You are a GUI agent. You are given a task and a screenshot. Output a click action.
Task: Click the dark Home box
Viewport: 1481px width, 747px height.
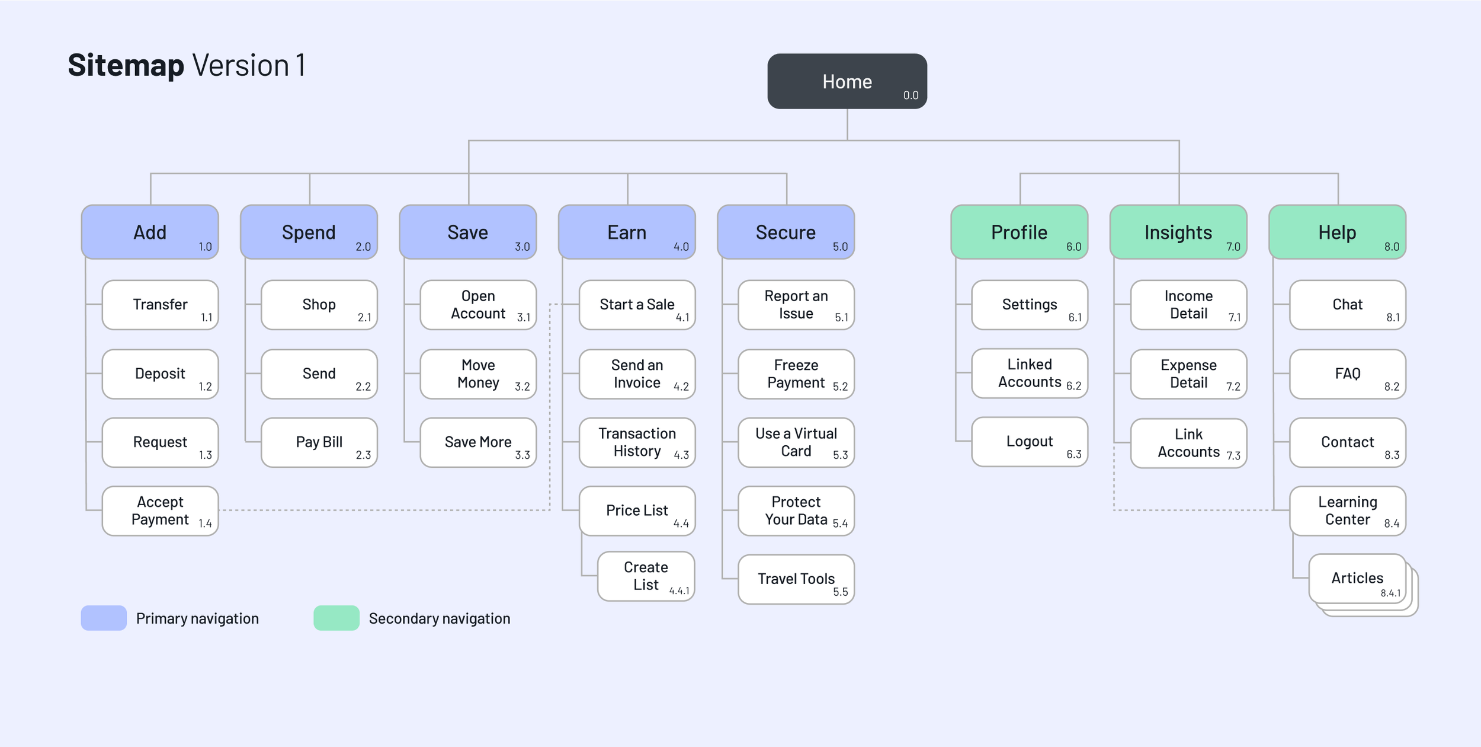pyautogui.click(x=847, y=81)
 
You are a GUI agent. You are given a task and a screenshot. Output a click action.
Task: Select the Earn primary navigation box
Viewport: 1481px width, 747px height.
pyautogui.click(x=627, y=232)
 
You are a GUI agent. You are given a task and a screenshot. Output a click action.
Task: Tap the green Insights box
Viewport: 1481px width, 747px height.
pyautogui.click(x=1178, y=232)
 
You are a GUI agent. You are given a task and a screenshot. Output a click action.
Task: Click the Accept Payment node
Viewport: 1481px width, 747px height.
pyautogui.click(x=160, y=510)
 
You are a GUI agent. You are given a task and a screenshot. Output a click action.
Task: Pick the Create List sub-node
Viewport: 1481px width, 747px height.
pyautogui.click(x=646, y=576)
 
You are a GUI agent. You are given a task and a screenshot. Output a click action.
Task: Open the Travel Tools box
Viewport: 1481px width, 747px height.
pyautogui.click(x=796, y=579)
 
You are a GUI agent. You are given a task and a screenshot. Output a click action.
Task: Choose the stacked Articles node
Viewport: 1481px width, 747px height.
pyautogui.click(x=1357, y=578)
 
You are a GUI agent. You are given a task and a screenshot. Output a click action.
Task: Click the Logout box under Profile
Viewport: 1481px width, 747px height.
pyautogui.click(x=1029, y=442)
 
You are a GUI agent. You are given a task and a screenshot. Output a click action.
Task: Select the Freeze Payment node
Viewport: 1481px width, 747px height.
pyautogui.click(x=796, y=373)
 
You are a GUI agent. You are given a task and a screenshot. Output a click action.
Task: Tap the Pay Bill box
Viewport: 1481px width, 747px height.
pyautogui.click(x=319, y=442)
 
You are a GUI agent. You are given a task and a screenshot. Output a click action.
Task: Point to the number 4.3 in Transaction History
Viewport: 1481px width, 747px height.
pyautogui.click(x=681, y=455)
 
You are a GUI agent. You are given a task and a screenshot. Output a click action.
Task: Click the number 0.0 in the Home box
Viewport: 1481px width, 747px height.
pyautogui.click(x=911, y=95)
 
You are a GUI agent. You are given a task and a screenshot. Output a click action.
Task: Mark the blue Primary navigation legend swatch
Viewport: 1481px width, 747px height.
pyautogui.click(x=104, y=618)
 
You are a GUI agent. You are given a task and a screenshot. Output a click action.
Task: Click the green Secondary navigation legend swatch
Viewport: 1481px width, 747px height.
pyautogui.click(x=336, y=618)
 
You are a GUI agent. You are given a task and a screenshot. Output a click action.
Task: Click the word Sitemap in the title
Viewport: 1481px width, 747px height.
pyautogui.click(x=126, y=65)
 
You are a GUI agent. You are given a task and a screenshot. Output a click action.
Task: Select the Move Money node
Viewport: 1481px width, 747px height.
pyautogui.click(x=478, y=373)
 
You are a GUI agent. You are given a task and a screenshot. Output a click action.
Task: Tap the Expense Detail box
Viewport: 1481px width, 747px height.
pyautogui.click(x=1188, y=373)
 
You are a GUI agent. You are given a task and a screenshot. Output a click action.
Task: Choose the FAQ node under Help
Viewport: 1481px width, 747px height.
pyautogui.click(x=1347, y=373)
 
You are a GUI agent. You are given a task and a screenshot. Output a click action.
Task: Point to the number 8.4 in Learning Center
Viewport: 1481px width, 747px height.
pyautogui.click(x=1392, y=523)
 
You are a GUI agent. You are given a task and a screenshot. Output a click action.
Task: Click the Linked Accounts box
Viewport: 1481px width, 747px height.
pyautogui.click(x=1029, y=373)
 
